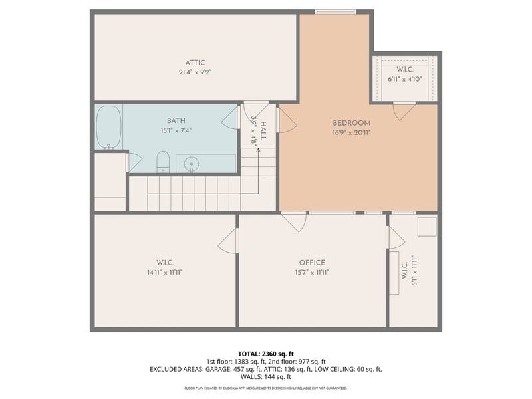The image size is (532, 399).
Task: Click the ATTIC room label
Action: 195,63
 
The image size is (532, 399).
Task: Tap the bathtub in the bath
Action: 109,127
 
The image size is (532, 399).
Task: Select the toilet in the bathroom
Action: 163,162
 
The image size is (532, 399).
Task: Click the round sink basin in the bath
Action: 192,164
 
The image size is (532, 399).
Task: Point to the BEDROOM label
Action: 352,123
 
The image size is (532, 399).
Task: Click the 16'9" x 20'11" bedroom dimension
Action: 352,132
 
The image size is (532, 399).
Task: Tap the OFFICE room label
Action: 312,262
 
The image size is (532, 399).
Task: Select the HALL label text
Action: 263,131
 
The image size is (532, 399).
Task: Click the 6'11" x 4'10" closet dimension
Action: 405,79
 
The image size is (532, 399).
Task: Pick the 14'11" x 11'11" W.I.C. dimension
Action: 165,272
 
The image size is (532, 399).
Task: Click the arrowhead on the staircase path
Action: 258,150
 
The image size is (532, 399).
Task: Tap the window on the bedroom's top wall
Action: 336,12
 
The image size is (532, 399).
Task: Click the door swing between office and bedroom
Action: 295,222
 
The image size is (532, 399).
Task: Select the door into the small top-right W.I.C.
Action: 404,110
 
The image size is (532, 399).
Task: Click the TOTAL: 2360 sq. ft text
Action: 266,354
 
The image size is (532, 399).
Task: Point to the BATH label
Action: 176,120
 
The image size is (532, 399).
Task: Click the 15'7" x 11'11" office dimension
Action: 312,272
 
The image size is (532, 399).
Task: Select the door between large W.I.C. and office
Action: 228,240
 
